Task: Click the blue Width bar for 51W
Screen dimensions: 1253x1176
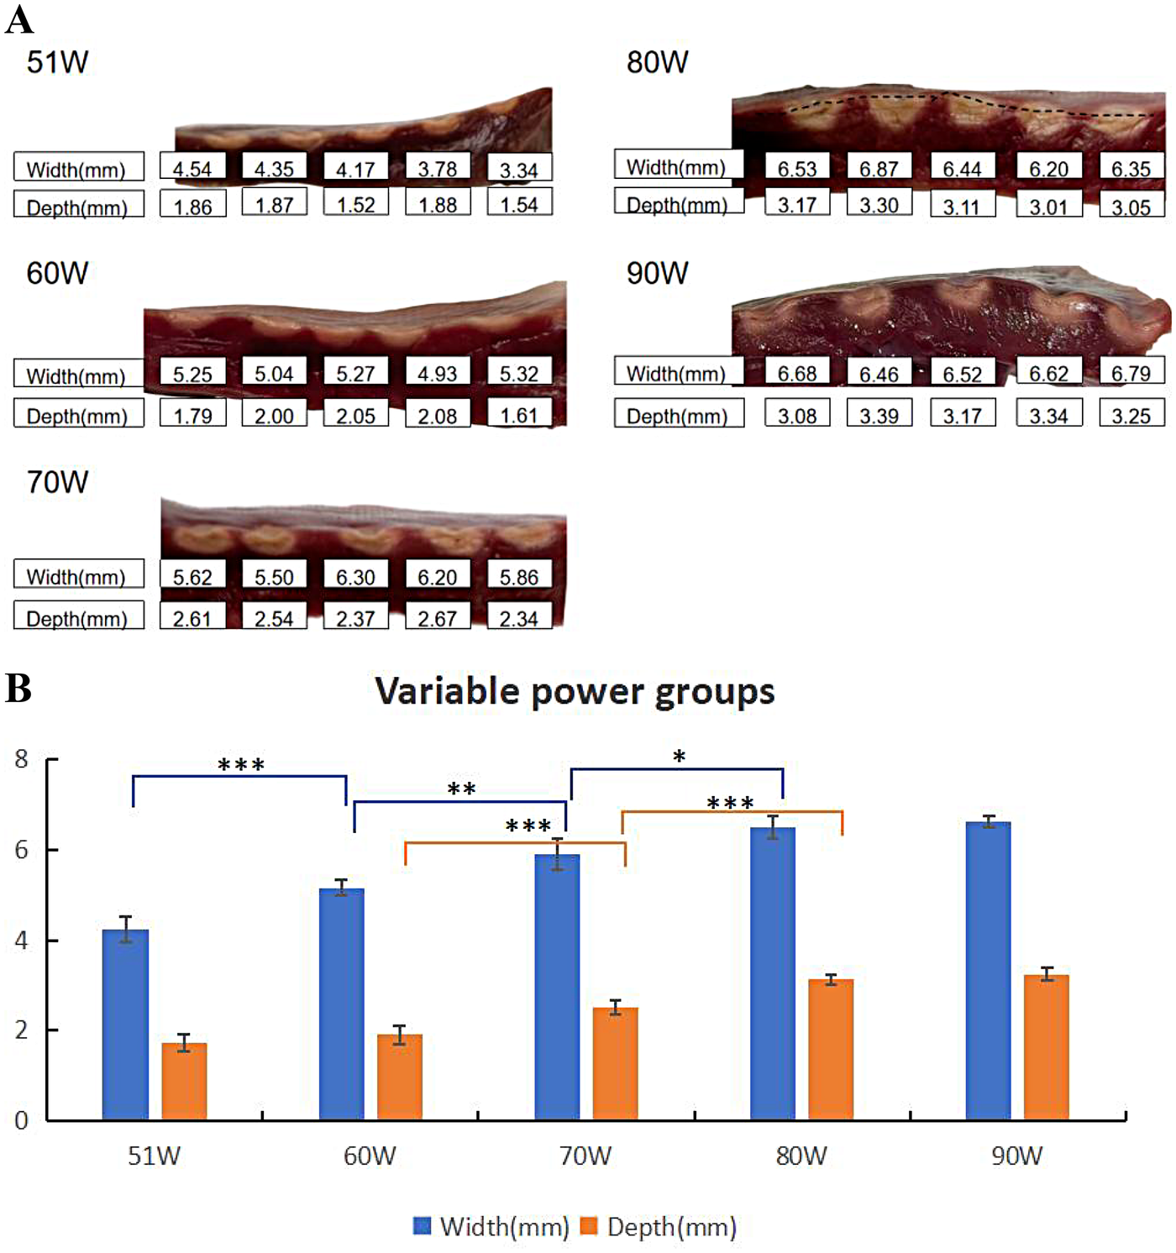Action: [125, 1025]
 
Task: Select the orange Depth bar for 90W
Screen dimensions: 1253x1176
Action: [1047, 1047]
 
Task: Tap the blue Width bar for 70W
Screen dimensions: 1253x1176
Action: [557, 987]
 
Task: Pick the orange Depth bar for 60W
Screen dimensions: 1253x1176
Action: [400, 1077]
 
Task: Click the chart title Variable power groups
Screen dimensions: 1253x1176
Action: [575, 692]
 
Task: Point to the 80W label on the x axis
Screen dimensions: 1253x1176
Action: [801, 1156]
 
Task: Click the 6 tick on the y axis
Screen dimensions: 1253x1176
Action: [22, 850]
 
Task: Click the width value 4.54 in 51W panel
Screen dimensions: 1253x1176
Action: [192, 169]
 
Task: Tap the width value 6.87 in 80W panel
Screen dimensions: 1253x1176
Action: [879, 169]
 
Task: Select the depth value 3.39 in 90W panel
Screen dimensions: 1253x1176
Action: [879, 416]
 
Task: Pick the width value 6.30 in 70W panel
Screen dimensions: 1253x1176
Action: [355, 577]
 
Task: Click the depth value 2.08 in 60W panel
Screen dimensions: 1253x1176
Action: [437, 416]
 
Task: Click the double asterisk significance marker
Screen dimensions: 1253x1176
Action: [461, 789]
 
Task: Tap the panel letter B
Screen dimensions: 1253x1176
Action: [18, 689]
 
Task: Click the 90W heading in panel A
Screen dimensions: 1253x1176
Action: [657, 274]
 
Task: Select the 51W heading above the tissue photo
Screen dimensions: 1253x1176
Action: [57, 62]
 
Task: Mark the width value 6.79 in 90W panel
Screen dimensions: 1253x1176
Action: [1131, 374]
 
